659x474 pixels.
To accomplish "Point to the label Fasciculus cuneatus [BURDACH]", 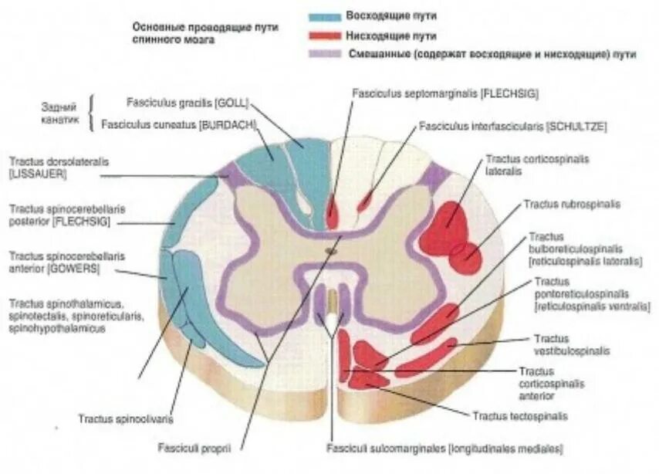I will (x=178, y=123).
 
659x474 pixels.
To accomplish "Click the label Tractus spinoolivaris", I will (x=125, y=419).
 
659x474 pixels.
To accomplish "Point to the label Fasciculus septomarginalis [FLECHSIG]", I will (x=444, y=93).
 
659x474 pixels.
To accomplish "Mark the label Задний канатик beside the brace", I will (x=60, y=113).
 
